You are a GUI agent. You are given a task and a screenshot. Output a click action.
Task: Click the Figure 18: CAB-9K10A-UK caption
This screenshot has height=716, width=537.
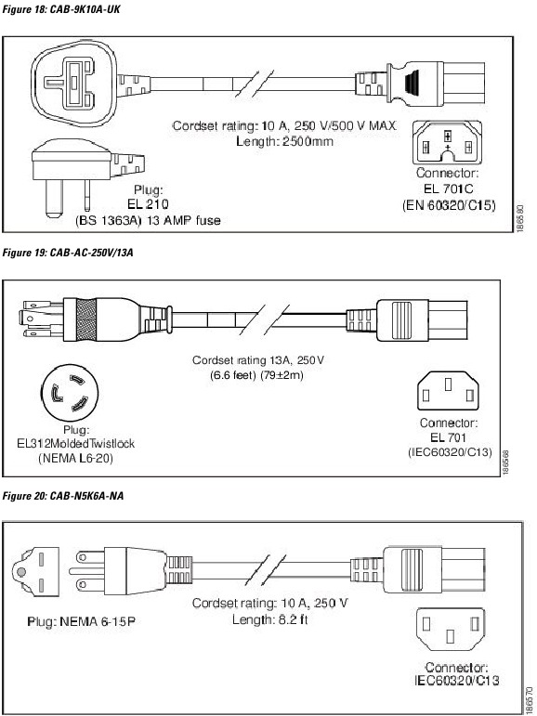coord(61,8)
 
